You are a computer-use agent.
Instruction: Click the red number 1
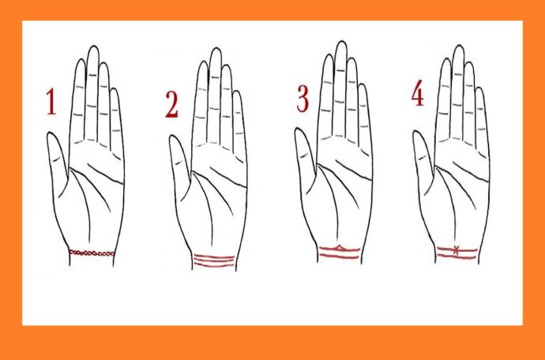point(51,102)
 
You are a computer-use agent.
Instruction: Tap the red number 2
point(171,104)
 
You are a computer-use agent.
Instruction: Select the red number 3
point(303,99)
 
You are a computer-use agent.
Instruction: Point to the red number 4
point(418,94)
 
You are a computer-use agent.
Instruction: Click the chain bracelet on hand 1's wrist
point(92,253)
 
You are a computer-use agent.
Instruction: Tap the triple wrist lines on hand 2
point(214,261)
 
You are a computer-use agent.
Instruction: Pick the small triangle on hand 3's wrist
point(340,247)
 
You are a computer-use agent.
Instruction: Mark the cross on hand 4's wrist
point(456,250)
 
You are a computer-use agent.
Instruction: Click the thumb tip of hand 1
point(51,133)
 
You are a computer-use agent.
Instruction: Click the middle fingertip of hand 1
point(93,47)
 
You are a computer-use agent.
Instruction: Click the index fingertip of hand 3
point(328,55)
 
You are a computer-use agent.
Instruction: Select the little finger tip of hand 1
point(115,89)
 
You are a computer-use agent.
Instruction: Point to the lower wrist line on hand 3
point(339,257)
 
